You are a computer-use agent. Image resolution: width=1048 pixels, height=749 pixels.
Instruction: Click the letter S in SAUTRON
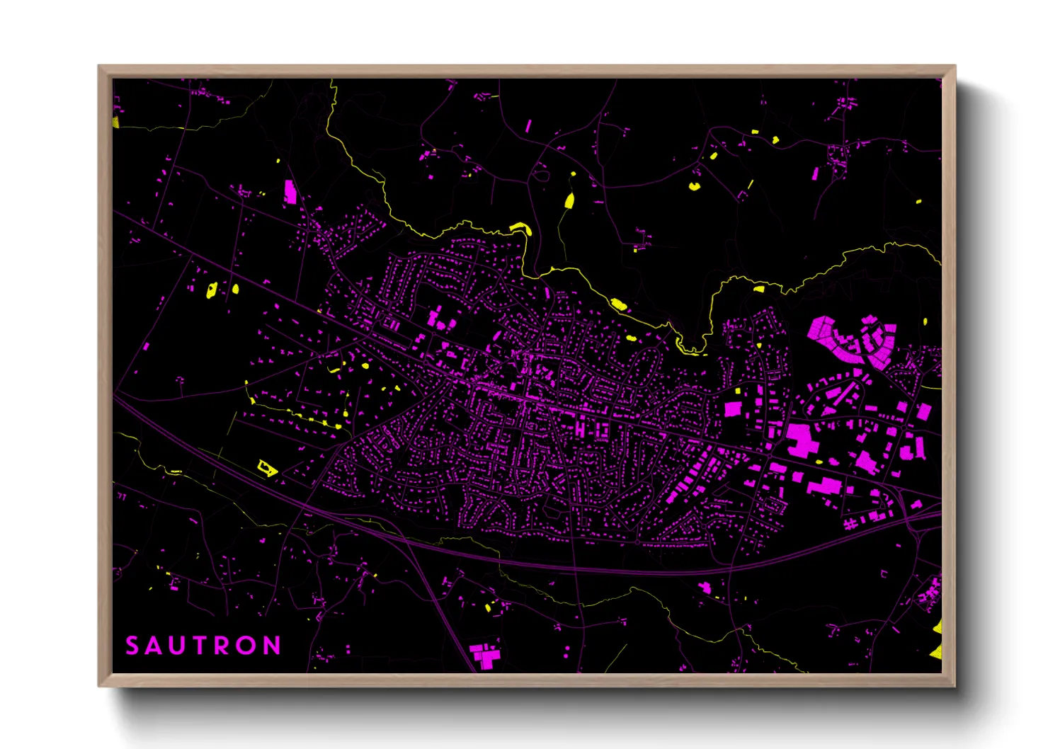tap(132, 646)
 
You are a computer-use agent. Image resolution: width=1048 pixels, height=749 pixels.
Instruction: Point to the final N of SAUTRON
tap(272, 646)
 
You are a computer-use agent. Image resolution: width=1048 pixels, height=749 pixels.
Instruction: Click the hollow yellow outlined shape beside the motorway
tap(267, 467)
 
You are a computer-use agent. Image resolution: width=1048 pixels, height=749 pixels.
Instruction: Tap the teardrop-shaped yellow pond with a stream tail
tap(569, 201)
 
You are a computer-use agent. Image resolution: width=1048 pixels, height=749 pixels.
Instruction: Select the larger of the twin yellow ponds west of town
tap(211, 290)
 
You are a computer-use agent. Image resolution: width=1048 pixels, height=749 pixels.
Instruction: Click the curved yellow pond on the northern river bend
tap(520, 228)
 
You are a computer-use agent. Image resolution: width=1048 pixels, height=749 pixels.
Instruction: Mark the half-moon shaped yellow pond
tap(694, 187)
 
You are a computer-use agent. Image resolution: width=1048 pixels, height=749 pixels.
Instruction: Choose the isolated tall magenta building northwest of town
tap(290, 192)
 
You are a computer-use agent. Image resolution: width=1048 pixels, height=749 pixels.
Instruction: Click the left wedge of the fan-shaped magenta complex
tap(821, 329)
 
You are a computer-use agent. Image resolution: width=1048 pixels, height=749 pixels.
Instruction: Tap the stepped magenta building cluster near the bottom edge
tap(484, 654)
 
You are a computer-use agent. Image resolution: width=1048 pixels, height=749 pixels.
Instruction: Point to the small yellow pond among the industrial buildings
tap(819, 462)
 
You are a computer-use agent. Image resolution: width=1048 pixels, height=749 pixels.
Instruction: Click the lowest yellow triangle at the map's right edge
tap(937, 651)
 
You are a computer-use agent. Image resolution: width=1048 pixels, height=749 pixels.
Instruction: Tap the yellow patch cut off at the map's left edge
tap(115, 122)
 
